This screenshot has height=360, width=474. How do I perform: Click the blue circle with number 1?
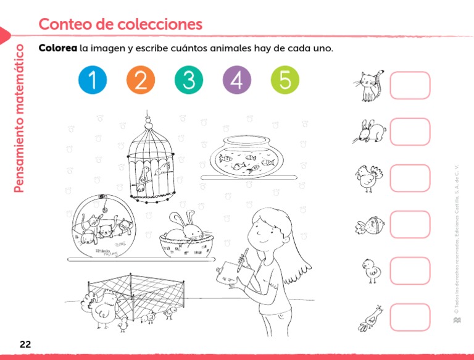pyautogui.click(x=93, y=80)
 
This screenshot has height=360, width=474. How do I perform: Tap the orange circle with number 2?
pyautogui.click(x=141, y=80)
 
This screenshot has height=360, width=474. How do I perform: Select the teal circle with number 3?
pyautogui.click(x=189, y=80)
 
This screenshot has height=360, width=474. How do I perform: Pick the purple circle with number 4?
pyautogui.click(x=237, y=80)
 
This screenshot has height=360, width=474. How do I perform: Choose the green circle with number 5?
pyautogui.click(x=285, y=80)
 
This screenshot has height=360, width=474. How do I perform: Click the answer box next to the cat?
pyautogui.click(x=410, y=85)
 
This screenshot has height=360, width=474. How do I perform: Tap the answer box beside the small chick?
pyautogui.click(x=410, y=270)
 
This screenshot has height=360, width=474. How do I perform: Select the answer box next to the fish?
pyautogui.click(x=410, y=224)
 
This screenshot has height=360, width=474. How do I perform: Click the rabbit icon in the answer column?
pyautogui.click(x=370, y=132)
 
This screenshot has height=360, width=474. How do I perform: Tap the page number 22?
pyautogui.click(x=25, y=343)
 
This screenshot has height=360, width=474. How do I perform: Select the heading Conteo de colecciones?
pyautogui.click(x=120, y=24)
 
